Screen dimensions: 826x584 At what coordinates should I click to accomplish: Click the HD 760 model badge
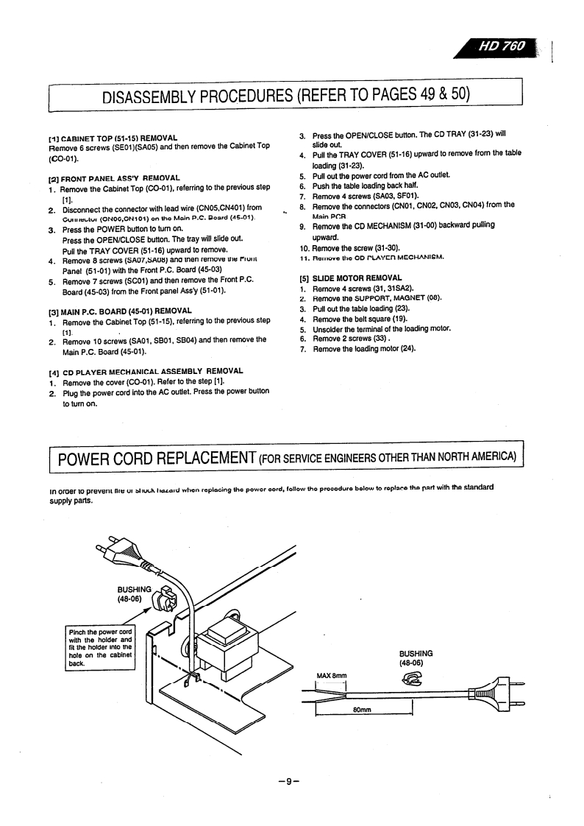[x=503, y=46]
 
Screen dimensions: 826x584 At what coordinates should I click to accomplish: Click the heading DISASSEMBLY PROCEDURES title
[x=286, y=96]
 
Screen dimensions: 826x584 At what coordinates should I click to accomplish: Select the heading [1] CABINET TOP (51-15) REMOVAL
[x=113, y=138]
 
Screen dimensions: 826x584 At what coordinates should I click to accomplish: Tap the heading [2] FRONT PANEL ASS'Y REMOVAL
[x=114, y=178]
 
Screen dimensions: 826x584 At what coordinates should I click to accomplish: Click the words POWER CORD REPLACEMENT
[x=156, y=459]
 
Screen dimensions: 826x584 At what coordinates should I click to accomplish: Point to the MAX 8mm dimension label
[x=331, y=675]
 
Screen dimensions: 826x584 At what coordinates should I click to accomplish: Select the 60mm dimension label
[x=362, y=710]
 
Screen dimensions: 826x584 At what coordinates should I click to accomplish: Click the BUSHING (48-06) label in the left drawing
[x=134, y=593]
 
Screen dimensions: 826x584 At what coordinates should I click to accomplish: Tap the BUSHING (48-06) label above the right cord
[x=416, y=658]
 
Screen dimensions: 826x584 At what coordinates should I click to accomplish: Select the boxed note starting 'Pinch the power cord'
[x=99, y=647]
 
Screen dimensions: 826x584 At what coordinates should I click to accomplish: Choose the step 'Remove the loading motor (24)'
[x=364, y=349]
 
